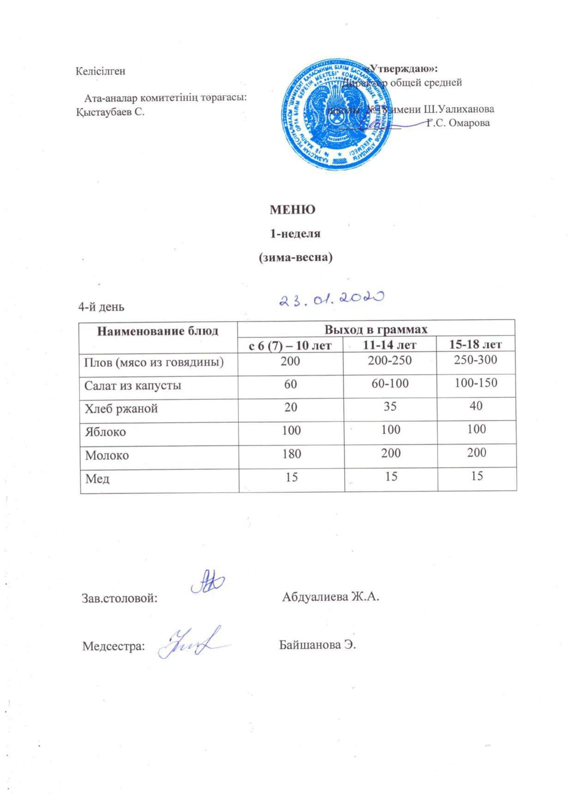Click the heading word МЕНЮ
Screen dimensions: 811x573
coord(292,209)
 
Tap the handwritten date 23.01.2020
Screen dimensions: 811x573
coord(331,299)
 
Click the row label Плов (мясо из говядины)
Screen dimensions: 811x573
coord(154,362)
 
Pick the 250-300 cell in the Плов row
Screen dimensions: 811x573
coord(475,360)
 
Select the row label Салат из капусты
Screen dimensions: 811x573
coord(133,385)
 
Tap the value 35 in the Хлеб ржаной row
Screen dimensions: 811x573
coord(390,406)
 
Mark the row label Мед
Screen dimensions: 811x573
coord(97,478)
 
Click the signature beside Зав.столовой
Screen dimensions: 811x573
coord(207,584)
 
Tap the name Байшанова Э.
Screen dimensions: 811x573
coord(317,645)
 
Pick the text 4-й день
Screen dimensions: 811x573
coord(101,307)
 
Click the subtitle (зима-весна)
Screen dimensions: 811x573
coord(295,258)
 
